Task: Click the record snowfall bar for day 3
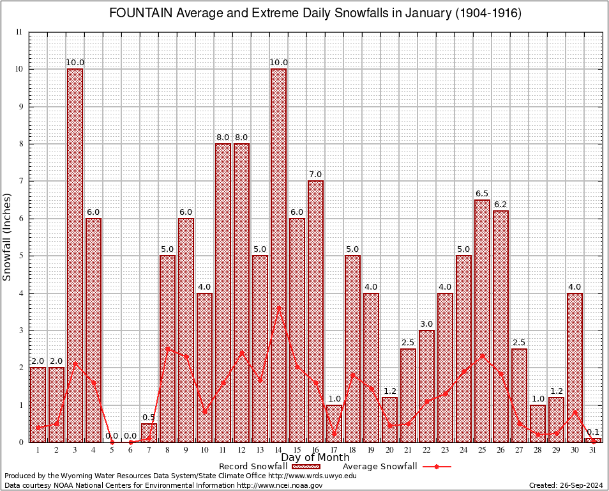point(75,256)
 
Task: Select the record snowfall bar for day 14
point(278,256)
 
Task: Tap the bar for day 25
point(482,320)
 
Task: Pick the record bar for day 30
point(575,368)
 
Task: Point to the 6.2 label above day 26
point(500,205)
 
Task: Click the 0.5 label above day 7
point(149,417)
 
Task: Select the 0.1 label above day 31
point(593,433)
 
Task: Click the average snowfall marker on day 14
point(278,308)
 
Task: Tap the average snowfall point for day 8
point(167,349)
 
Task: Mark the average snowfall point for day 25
point(482,355)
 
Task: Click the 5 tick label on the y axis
point(20,256)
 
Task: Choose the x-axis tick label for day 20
point(389,449)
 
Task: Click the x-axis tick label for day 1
point(38,449)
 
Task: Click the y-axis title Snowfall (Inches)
point(8,237)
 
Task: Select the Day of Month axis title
point(315,457)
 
